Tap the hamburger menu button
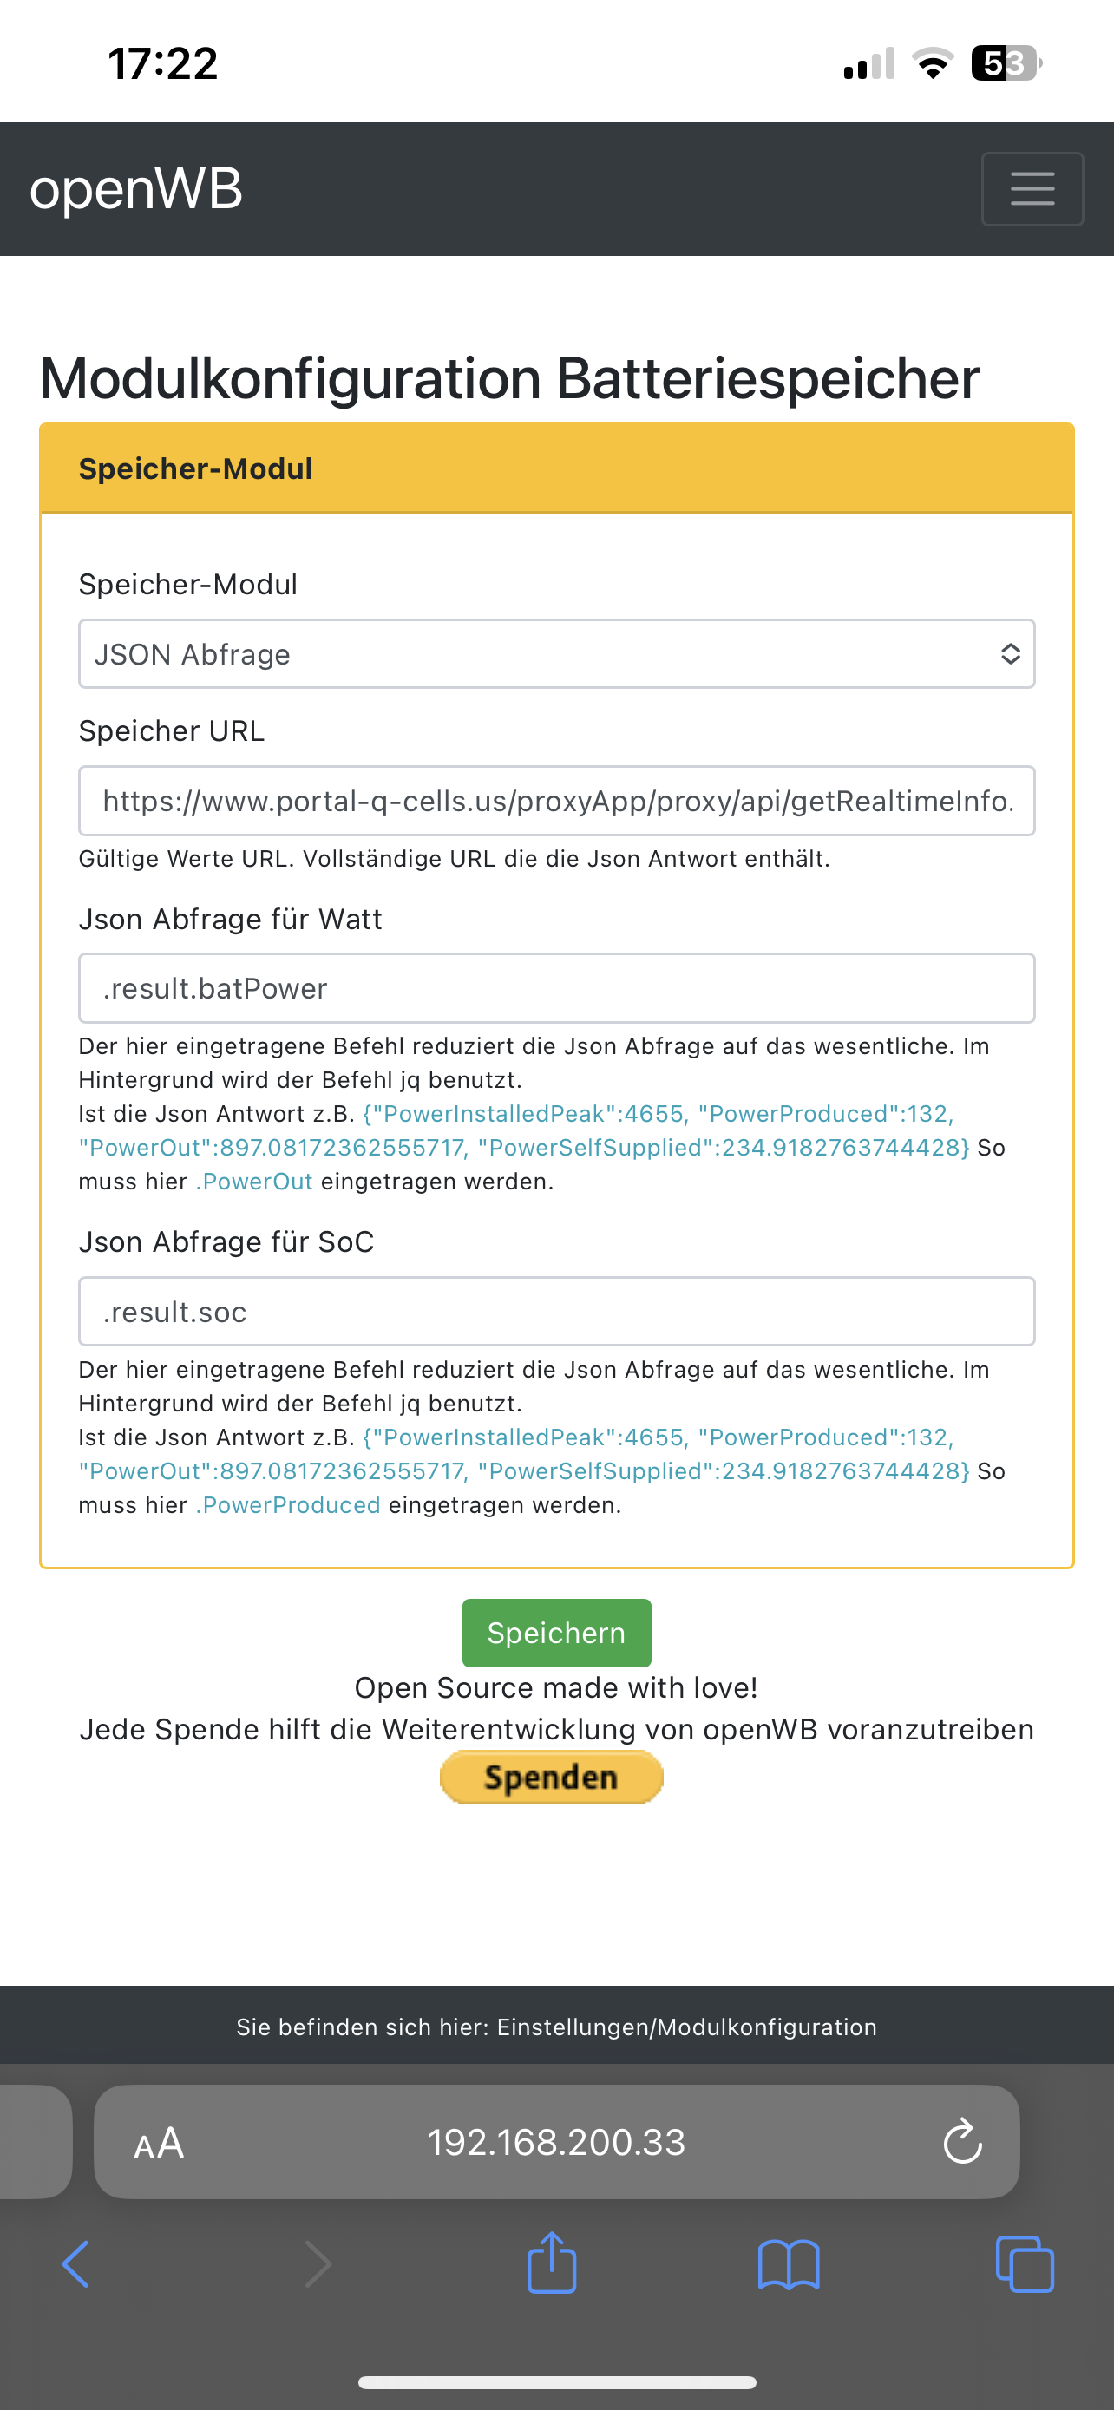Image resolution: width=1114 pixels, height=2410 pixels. (x=1032, y=189)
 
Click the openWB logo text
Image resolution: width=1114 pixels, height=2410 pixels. (x=136, y=189)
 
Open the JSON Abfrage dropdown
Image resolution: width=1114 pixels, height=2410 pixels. (x=555, y=654)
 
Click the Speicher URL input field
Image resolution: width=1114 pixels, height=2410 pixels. (x=555, y=801)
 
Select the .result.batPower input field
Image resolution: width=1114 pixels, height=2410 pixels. (x=555, y=988)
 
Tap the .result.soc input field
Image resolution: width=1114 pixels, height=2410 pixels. (x=555, y=1312)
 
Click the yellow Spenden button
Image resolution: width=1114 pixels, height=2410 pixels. (x=551, y=1777)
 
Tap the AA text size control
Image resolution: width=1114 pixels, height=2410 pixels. (x=159, y=2144)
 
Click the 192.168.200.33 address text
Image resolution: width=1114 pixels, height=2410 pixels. (x=556, y=2143)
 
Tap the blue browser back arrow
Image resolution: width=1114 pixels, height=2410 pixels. (x=75, y=2264)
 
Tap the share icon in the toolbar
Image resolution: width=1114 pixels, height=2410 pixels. (x=551, y=2263)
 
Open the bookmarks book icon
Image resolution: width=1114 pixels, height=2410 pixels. (x=789, y=2264)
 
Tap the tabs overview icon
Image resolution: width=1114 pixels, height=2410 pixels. (x=1026, y=2264)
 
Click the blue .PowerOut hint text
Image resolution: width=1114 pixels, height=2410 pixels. (x=254, y=1182)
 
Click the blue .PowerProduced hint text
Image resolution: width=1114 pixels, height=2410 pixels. (x=288, y=1505)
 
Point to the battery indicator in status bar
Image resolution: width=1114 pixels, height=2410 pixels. (x=1006, y=63)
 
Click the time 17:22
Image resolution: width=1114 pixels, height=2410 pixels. (x=163, y=63)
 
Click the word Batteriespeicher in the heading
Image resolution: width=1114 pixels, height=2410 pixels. (x=767, y=379)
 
